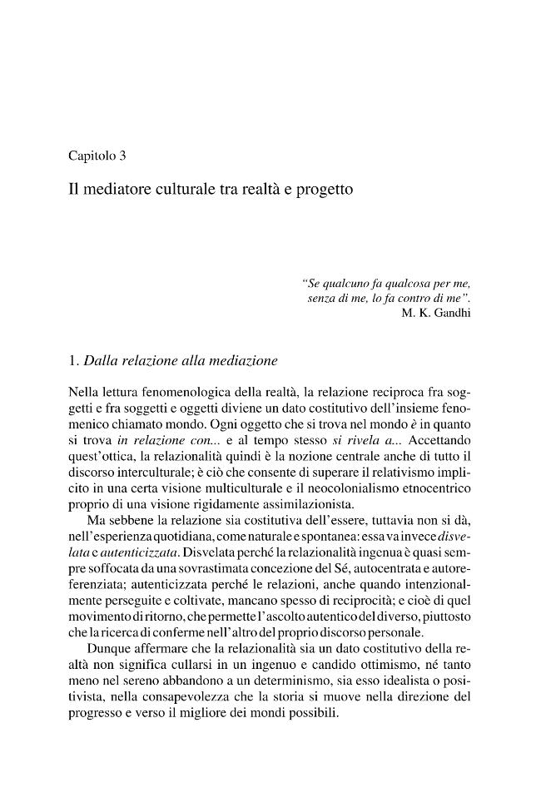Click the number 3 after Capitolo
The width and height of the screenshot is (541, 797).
click(122, 155)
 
